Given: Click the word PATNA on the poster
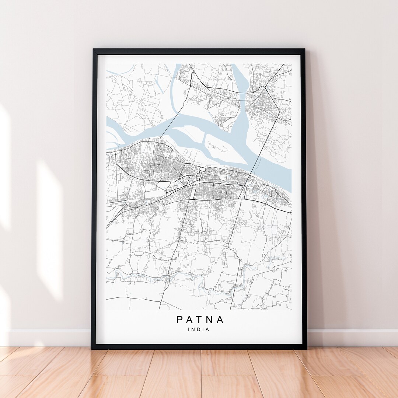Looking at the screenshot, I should tap(200, 320).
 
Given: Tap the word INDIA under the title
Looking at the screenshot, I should tap(199, 329).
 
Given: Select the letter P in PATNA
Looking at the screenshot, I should tap(179, 320).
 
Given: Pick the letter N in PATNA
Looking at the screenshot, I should tap(210, 320).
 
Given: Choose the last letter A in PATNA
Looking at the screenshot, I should tap(220, 320).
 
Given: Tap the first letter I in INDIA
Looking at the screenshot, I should tap(189, 329).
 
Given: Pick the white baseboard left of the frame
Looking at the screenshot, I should tap(48, 337).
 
